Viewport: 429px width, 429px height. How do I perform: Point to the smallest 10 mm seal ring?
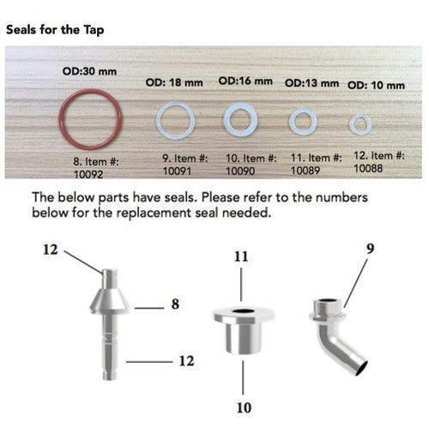coord(360,123)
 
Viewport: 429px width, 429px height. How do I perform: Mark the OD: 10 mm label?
coord(375,86)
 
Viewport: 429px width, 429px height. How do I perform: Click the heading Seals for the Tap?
coord(56,28)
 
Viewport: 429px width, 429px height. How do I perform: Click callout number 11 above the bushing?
coord(244,256)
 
